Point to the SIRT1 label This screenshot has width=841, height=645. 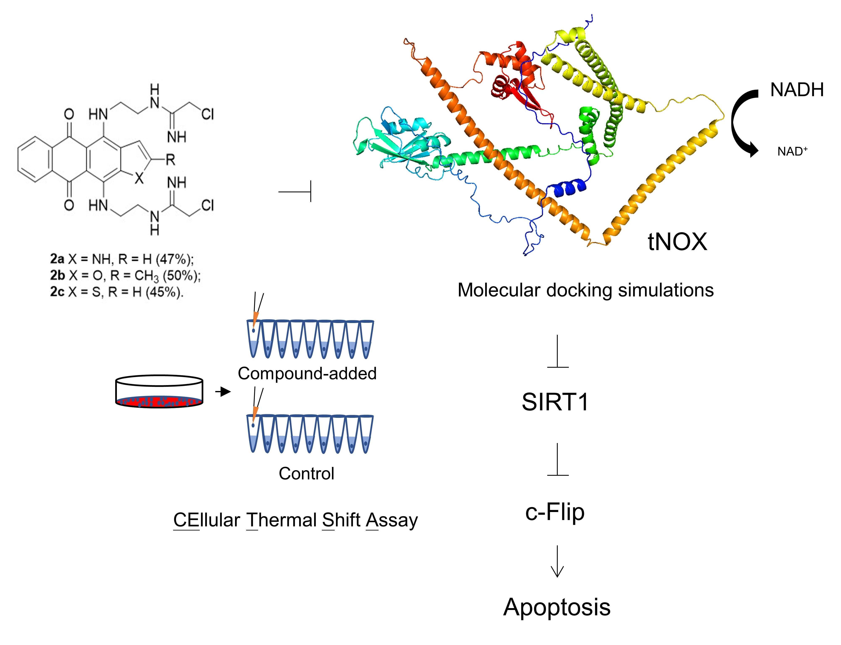[x=555, y=402]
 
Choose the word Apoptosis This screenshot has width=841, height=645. [x=557, y=607]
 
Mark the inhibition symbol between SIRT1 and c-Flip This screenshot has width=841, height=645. [x=557, y=460]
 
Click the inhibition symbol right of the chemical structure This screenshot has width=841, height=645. [x=296, y=191]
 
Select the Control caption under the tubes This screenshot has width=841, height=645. [x=306, y=473]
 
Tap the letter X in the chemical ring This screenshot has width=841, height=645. [x=139, y=178]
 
